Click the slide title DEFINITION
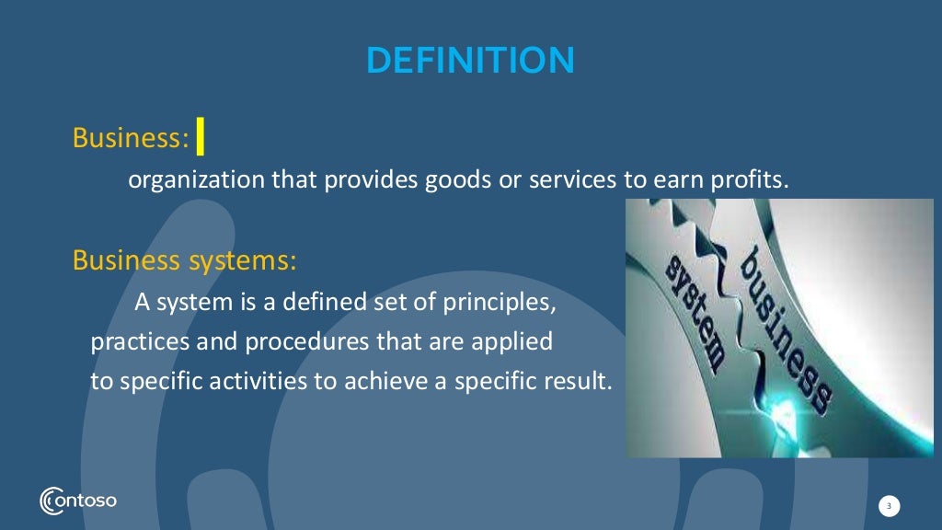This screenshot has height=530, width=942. tap(470, 61)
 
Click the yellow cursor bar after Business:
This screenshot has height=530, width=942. tap(201, 138)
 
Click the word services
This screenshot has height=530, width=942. tap(571, 179)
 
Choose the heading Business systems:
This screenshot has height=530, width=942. tap(184, 260)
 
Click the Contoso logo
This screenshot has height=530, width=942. tap(78, 501)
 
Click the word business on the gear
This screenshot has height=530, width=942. tap(787, 323)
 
